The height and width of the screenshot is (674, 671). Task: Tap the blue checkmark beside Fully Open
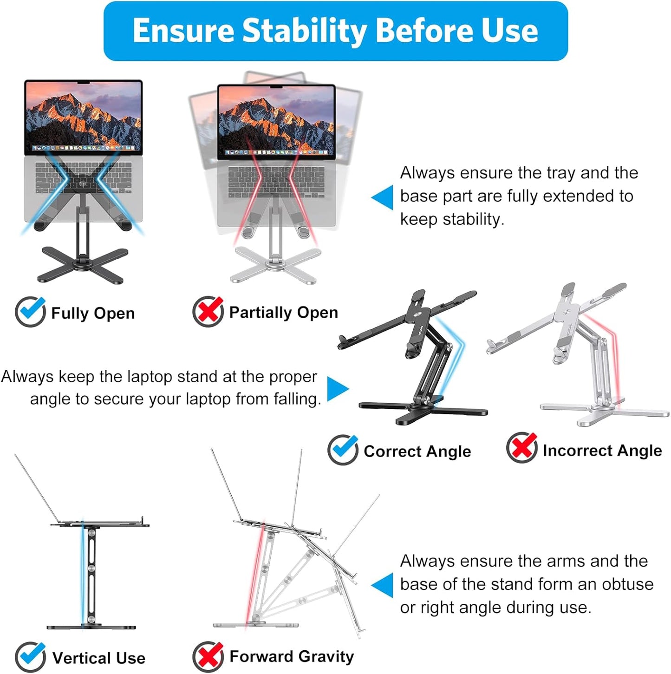point(30,312)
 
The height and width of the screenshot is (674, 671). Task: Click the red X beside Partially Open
point(208,312)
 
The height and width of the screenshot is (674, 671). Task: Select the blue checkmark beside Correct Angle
point(343,450)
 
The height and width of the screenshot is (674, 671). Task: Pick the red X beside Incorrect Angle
point(521,448)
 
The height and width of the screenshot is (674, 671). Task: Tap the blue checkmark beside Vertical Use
point(30,656)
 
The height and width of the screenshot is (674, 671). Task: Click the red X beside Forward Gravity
point(208,656)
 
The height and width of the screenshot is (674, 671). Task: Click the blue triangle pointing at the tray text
point(383,197)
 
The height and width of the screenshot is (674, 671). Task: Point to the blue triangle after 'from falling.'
point(337,388)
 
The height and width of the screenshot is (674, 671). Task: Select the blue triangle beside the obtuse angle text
point(383,585)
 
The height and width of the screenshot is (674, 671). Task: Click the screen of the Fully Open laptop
point(84,116)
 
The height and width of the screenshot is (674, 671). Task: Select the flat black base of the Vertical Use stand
point(91,627)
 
